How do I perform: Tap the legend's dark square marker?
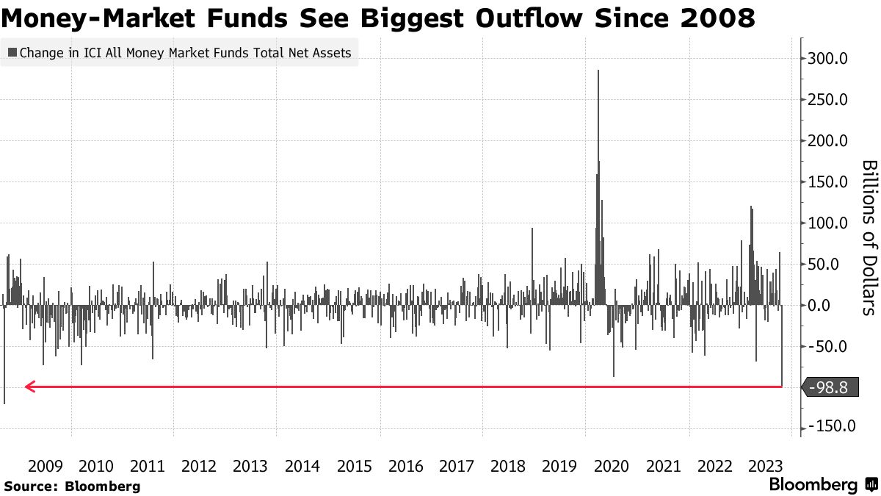(12, 53)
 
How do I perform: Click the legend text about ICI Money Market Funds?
(185, 53)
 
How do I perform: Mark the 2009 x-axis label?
(46, 466)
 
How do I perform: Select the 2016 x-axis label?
(406, 466)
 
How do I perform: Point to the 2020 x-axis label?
(612, 466)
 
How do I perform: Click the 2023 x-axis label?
(766, 466)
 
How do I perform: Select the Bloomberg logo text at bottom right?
(813, 485)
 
